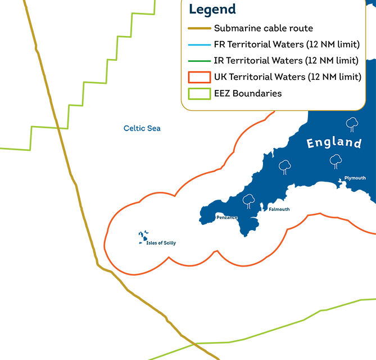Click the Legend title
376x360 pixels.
[212, 9]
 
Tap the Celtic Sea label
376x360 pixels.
[142, 128]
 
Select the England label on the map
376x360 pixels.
[334, 142]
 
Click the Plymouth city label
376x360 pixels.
[355, 178]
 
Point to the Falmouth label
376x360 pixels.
[279, 209]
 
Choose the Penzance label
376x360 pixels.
[227, 217]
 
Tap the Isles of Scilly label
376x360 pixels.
[161, 243]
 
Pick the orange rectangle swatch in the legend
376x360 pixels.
[200, 77]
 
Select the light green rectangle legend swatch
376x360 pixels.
[200, 93]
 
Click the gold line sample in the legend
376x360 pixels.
[200, 28]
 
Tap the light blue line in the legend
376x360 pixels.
[200, 44]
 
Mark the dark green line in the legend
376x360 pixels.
[200, 61]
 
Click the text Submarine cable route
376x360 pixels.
[264, 28]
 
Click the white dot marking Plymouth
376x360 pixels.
[341, 181]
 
